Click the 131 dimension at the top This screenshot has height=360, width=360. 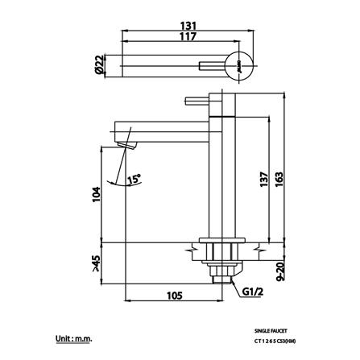189,25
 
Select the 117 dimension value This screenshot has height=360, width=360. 189,38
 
